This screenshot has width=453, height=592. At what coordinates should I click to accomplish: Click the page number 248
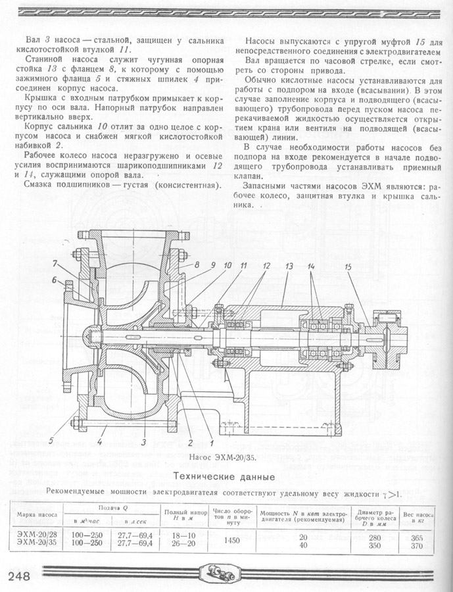coord(20,576)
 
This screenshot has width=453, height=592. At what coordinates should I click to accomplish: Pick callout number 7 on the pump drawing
coord(58,265)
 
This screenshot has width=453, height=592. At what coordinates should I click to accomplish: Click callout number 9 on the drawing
coord(213,265)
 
